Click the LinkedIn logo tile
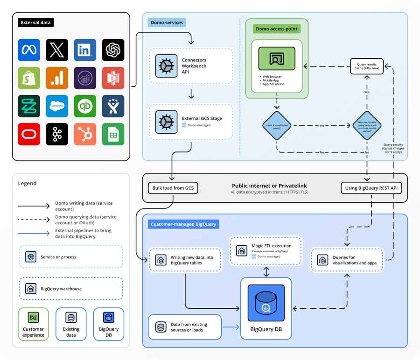(85, 50)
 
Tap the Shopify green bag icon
(29, 78)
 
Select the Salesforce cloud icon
(57, 106)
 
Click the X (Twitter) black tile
(57, 50)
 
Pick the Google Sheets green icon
(113, 134)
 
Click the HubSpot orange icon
(85, 134)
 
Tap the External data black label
(36, 22)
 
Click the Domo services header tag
(167, 22)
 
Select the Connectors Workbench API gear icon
(166, 66)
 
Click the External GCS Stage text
(202, 118)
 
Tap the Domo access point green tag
(277, 29)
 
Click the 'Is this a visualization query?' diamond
(277, 125)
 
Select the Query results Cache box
(367, 67)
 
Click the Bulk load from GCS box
(173, 188)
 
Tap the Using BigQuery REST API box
(371, 188)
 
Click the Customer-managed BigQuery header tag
(183, 224)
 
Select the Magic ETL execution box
(266, 250)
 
